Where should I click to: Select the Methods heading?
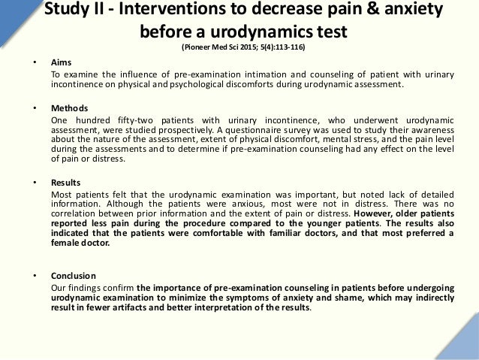point(68,108)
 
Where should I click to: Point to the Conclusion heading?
point(73,276)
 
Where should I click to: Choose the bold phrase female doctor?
point(80,244)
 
